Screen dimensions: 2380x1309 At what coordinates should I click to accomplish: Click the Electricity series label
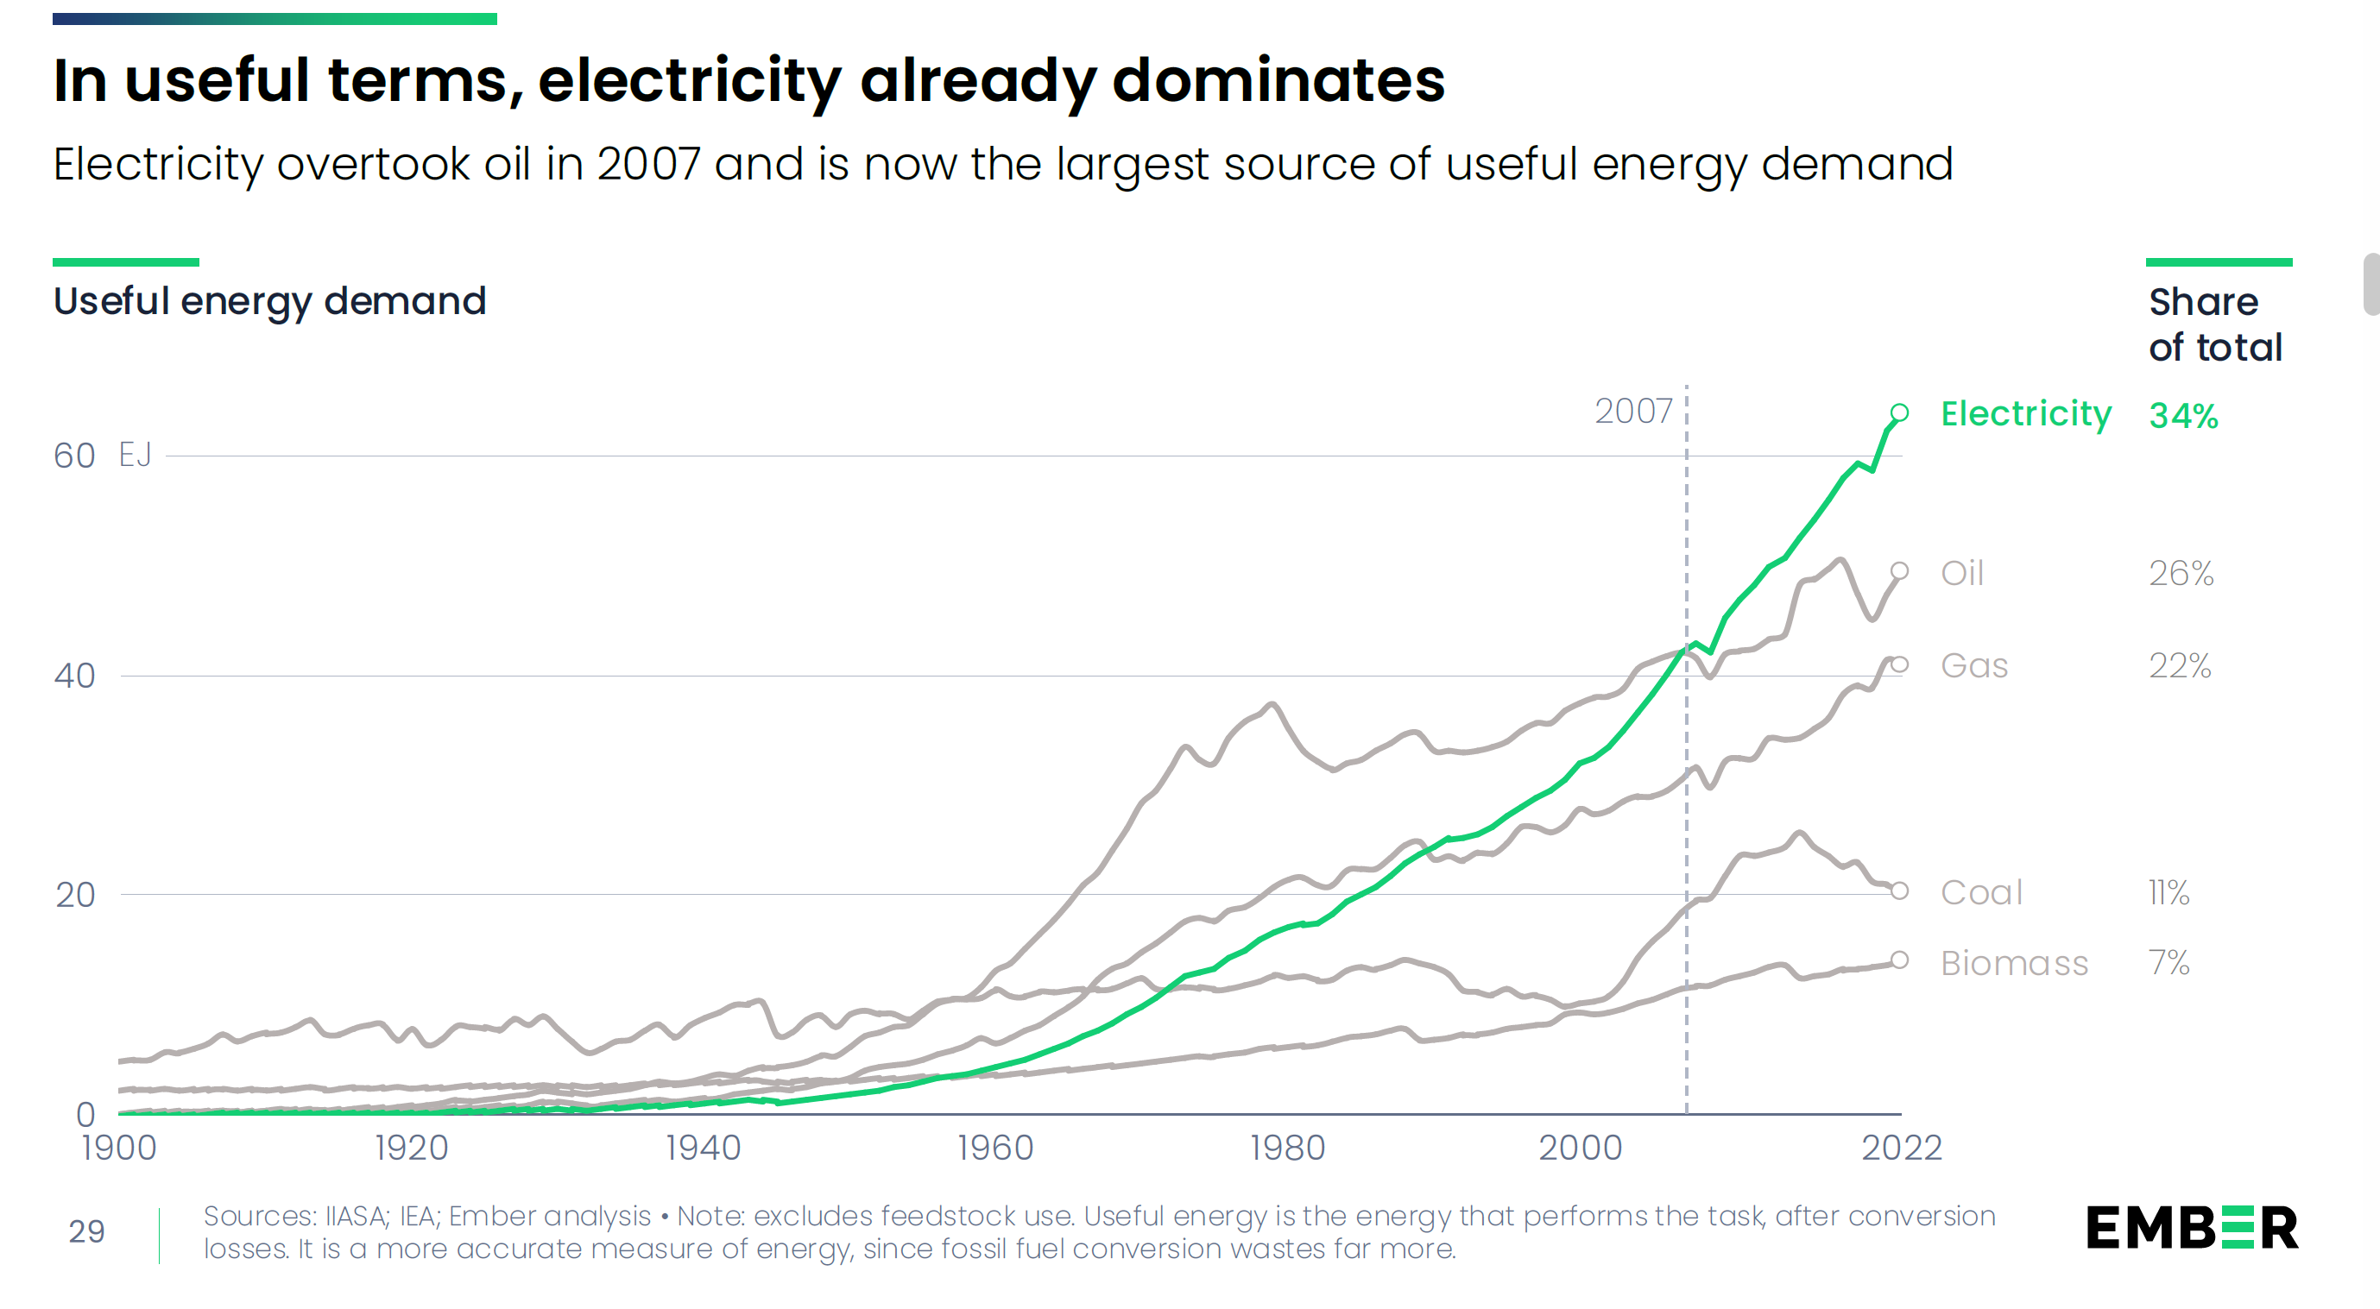point(2025,415)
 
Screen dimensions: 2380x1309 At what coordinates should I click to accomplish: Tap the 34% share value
point(2183,416)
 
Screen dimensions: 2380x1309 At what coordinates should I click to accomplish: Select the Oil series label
point(1962,573)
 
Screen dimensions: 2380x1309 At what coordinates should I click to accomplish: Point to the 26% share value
point(2181,574)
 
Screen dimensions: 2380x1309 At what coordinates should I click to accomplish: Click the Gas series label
point(1974,665)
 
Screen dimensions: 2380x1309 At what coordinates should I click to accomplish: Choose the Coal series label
point(1982,892)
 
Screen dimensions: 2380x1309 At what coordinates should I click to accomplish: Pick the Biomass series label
point(2014,964)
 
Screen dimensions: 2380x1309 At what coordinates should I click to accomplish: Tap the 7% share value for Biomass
point(2169,963)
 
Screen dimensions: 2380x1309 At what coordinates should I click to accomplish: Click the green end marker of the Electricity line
point(1899,413)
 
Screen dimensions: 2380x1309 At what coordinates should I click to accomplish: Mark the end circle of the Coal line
point(1899,890)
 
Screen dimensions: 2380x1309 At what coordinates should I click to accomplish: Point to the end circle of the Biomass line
point(1899,960)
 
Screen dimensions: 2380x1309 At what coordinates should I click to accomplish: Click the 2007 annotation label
point(1633,411)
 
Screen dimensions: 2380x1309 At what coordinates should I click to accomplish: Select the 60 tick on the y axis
point(74,456)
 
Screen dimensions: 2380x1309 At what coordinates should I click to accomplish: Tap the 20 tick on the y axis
point(75,895)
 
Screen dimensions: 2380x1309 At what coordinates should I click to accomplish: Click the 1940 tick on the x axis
point(703,1149)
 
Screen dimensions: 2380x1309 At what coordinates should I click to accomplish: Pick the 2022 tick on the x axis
point(1902,1149)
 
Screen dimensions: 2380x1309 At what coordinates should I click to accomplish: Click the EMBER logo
point(2192,1228)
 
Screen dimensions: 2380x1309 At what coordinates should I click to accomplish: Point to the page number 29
point(87,1231)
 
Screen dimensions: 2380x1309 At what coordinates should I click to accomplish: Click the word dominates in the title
point(1278,80)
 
